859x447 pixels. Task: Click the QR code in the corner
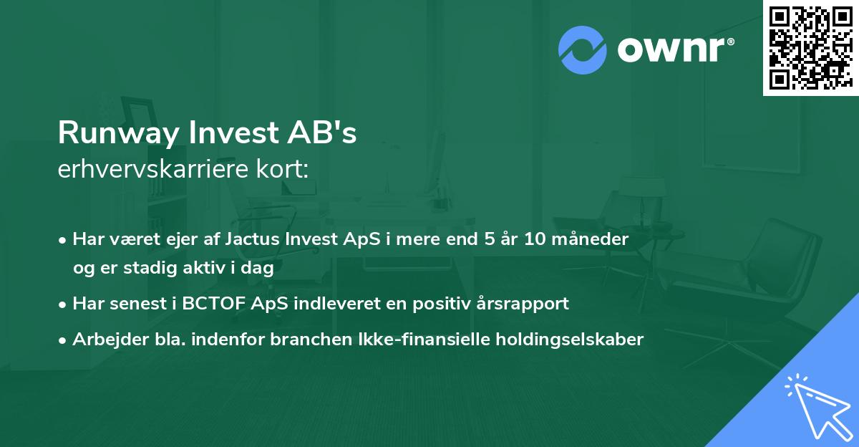pyautogui.click(x=810, y=47)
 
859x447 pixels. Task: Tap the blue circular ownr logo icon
pyautogui.click(x=583, y=49)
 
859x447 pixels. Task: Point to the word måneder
pyautogui.click(x=593, y=239)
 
